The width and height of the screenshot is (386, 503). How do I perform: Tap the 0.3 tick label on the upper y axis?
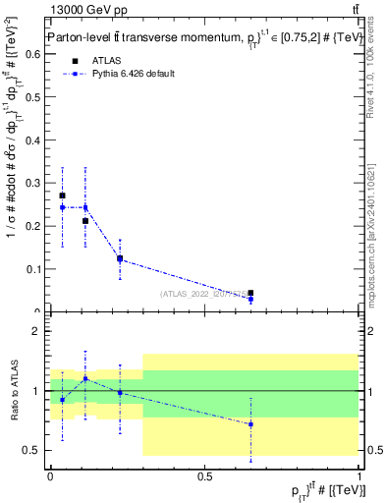[x=37, y=183]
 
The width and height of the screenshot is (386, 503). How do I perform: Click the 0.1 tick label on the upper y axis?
[x=37, y=268]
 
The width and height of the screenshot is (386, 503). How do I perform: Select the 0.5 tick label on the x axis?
[x=204, y=476]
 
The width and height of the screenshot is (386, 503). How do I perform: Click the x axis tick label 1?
[x=359, y=476]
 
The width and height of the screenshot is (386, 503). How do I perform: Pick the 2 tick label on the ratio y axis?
[x=40, y=331]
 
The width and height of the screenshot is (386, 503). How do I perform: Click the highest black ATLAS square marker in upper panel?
[x=63, y=196]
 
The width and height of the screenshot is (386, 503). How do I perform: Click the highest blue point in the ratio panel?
[x=85, y=378]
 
